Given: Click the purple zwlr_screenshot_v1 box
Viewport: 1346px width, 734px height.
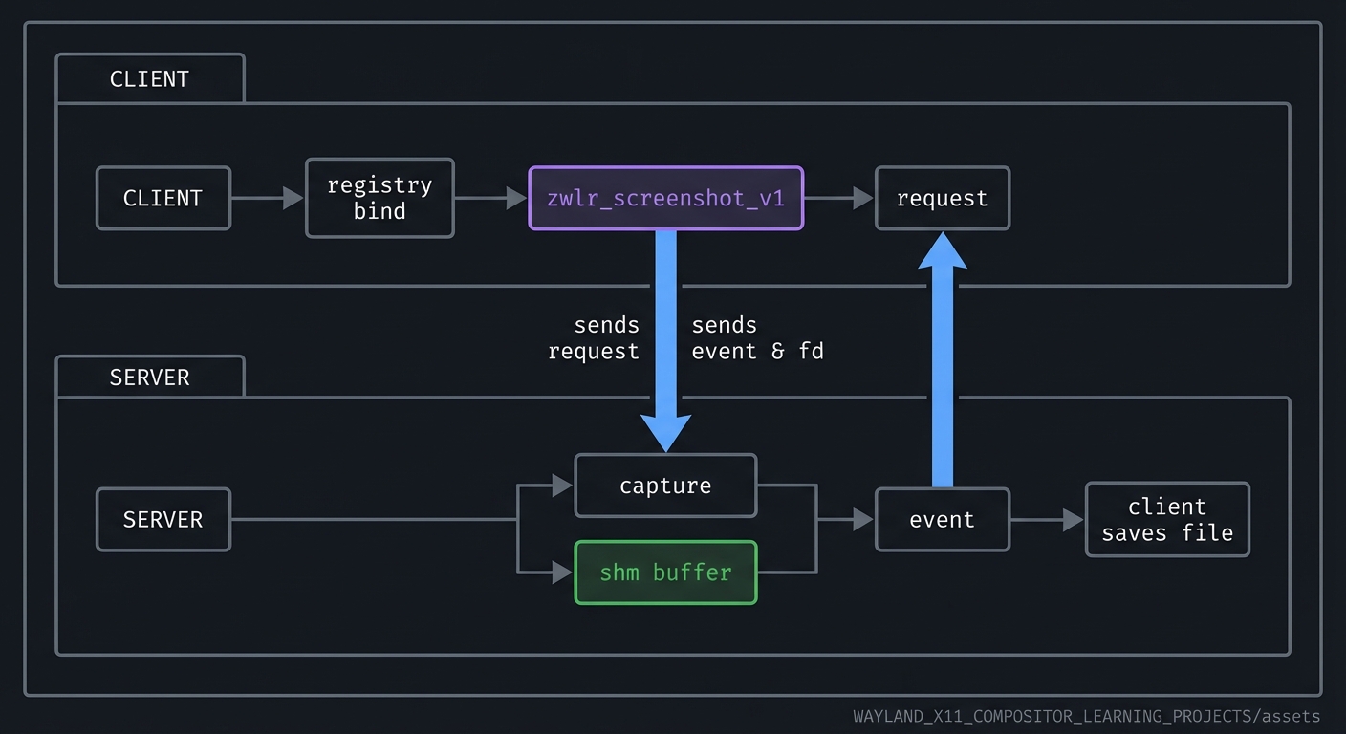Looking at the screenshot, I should coord(665,199).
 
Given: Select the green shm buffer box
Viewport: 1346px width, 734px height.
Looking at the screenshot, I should coord(665,572).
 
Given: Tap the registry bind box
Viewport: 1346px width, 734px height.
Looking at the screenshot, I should coord(380,198).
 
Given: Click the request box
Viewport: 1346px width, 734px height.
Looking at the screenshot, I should coord(942,199).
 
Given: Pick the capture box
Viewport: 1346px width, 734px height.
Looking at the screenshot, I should coord(665,486).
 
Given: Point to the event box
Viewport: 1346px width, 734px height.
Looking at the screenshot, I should coord(942,520).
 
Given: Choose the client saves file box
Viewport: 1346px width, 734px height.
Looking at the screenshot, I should coord(1167,520).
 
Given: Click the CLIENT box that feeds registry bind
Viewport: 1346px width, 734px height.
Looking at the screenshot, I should coord(163,199).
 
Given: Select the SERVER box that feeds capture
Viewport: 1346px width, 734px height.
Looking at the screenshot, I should coord(163,520).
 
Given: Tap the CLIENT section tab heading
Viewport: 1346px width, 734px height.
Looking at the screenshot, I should coord(150,79).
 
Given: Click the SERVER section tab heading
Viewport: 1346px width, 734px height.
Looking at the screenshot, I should coord(150,378).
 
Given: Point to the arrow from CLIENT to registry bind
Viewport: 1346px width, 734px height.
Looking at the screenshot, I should coord(268,199).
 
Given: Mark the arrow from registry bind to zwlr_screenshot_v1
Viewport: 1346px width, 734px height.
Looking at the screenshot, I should coord(490,199).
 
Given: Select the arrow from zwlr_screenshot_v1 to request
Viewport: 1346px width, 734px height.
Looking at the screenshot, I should coord(838,199).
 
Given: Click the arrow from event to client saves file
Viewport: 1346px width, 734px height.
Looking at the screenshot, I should coord(1047,520).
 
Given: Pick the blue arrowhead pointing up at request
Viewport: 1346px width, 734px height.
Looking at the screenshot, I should coord(942,250).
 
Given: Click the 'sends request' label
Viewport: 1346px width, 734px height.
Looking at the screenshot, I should coord(594,338).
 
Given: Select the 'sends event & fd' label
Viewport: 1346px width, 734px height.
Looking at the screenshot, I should coord(757,338).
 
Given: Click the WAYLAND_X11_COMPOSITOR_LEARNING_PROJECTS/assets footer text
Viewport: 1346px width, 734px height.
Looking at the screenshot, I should coord(1086,716).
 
